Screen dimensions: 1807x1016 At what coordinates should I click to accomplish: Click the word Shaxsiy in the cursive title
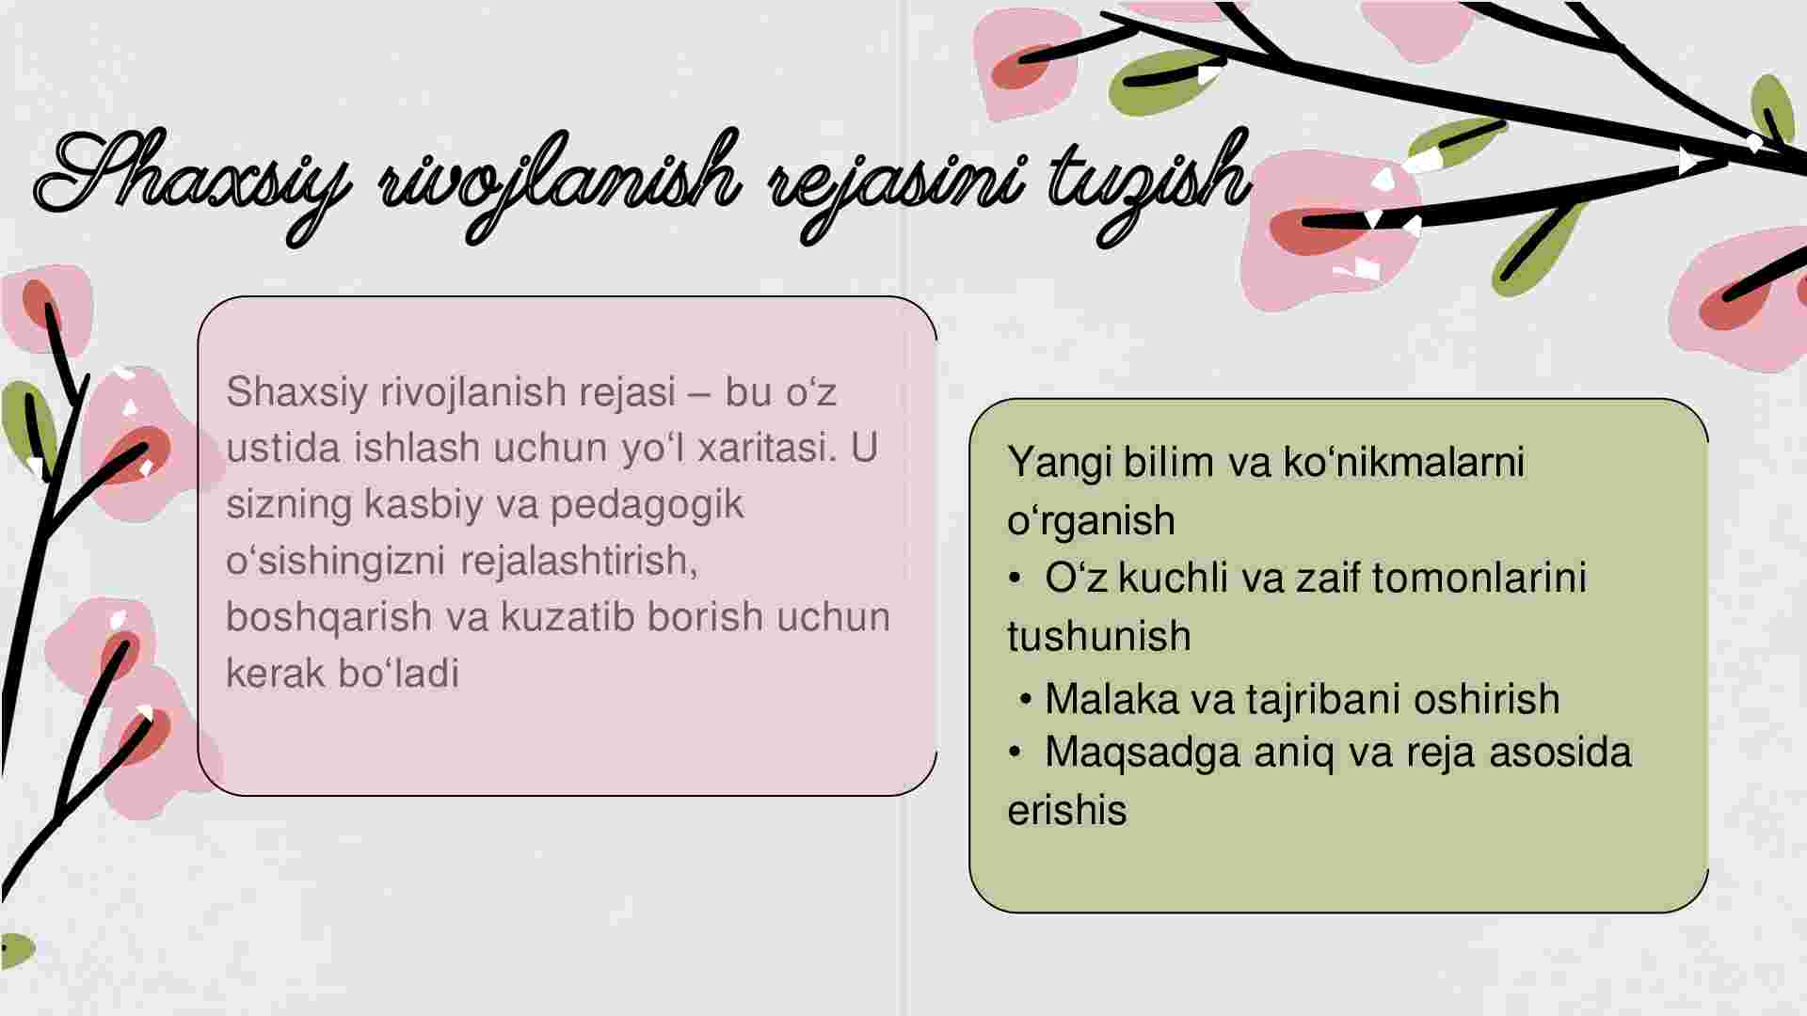point(193,183)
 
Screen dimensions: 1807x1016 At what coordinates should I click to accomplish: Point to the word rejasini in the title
point(894,188)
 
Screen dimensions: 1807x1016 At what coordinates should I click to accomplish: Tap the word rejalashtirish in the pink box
point(579,562)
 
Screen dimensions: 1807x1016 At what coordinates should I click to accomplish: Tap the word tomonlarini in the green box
point(1479,578)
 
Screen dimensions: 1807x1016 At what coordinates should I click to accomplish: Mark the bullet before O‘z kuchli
point(1015,579)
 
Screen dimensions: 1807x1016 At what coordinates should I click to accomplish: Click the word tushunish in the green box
point(1098,637)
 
